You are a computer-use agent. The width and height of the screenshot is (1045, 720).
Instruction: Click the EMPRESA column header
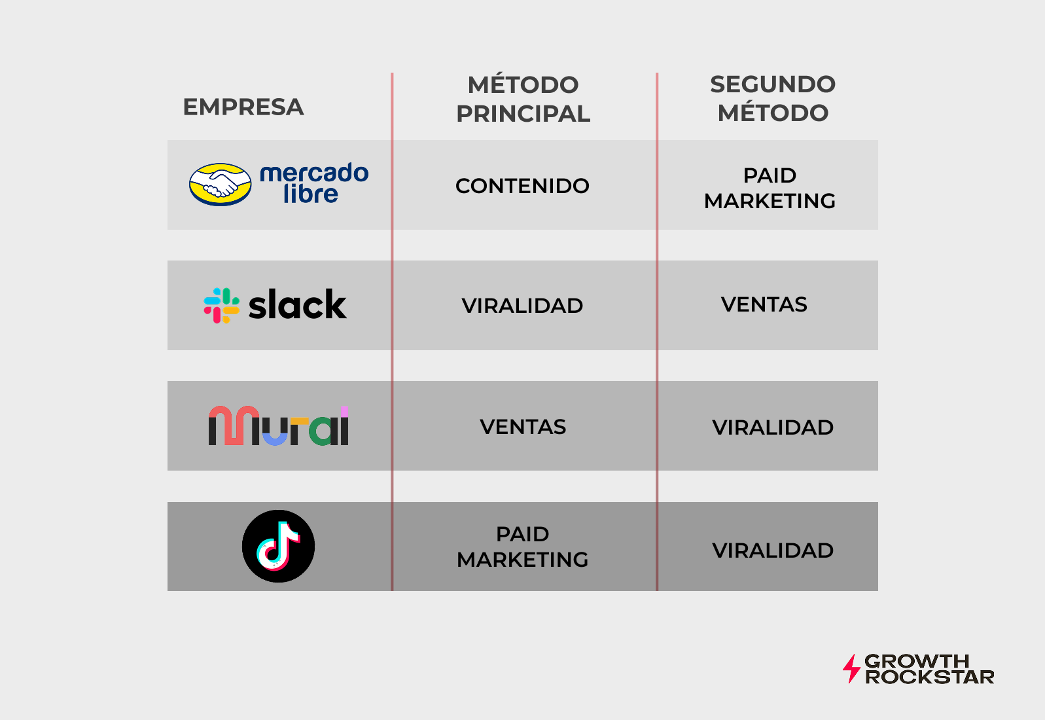[243, 107]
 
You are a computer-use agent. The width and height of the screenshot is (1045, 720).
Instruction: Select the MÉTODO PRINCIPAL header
[523, 99]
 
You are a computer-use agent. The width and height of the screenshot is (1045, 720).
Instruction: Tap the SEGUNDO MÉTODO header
[773, 98]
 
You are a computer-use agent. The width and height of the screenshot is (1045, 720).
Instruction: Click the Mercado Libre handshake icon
[220, 184]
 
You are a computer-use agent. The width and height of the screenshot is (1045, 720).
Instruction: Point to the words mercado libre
[314, 183]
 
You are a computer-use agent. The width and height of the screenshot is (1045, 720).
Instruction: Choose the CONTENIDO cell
[522, 186]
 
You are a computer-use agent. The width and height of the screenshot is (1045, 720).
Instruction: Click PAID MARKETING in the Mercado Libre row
[770, 188]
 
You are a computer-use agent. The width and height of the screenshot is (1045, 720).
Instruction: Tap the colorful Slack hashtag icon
[221, 305]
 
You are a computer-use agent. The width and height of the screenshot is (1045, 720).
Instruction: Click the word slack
[298, 305]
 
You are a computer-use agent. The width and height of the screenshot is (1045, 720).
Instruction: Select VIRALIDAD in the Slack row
[522, 306]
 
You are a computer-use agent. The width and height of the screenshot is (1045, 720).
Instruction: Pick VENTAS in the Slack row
[764, 304]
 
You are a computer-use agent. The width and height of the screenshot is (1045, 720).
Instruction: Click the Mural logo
[279, 426]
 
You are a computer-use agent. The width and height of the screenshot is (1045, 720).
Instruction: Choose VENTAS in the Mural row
[523, 427]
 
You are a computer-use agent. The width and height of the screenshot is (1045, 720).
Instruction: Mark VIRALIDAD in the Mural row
[773, 427]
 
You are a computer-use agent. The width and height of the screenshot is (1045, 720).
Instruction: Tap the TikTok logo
[278, 546]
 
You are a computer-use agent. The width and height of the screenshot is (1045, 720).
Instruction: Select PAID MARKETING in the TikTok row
[522, 547]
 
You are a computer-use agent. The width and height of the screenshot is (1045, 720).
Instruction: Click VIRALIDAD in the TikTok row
[773, 550]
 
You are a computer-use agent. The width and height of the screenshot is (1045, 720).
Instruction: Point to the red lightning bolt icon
[851, 668]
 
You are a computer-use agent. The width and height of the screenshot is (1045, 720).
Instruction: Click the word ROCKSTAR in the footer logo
[929, 677]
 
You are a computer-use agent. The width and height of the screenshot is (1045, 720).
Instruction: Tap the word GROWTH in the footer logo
[916, 661]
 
